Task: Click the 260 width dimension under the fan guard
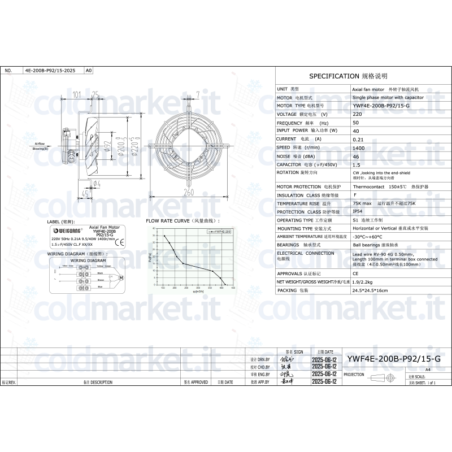[x=188, y=193]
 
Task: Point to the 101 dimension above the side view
[x=78, y=94]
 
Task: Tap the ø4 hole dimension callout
[x=97, y=183]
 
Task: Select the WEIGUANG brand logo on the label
[x=67, y=231]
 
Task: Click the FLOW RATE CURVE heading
[x=182, y=221]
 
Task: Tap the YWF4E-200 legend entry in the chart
[x=219, y=232]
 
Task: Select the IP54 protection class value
[x=358, y=211]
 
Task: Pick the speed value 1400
[x=358, y=147]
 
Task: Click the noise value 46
[x=356, y=156]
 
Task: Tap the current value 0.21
[x=358, y=139]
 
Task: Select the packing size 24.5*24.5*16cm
[x=370, y=290]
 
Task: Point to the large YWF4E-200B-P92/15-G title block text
[x=393, y=359]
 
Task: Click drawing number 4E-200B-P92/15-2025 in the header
[x=50, y=71]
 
